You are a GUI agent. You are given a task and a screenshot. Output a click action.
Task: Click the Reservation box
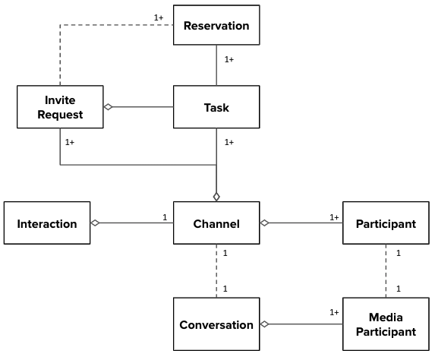216,25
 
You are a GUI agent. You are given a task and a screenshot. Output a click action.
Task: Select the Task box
216,107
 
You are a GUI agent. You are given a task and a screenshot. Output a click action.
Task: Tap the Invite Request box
60,107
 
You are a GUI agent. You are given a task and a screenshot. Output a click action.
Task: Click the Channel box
216,223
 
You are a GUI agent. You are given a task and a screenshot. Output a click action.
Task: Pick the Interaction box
47,223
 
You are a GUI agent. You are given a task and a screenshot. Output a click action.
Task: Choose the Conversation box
216,324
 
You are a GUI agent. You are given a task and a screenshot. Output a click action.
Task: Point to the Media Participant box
386,324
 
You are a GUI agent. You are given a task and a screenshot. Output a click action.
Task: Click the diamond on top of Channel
216,197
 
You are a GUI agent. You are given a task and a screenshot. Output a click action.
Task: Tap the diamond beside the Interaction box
95,223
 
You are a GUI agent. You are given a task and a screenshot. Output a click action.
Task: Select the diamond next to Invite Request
109,107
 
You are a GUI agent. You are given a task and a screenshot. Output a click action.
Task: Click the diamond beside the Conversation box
265,324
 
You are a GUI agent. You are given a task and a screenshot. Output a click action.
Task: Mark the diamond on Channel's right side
265,223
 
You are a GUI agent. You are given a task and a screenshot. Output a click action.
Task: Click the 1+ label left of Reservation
159,17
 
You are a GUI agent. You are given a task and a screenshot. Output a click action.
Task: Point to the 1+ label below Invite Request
70,142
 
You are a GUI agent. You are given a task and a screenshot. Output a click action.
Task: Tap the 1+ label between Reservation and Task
229,59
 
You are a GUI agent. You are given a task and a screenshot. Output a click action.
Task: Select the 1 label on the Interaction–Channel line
165,217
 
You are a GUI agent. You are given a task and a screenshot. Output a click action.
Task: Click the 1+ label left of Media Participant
334,312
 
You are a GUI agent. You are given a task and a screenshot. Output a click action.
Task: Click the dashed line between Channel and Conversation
216,271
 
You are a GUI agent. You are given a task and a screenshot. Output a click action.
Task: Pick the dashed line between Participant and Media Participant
386,271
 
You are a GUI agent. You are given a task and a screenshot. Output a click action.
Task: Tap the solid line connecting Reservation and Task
216,65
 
